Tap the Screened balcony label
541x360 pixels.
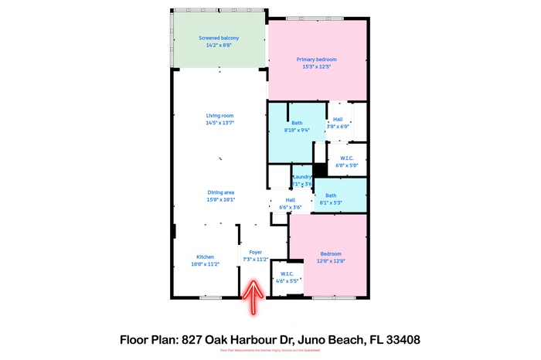click(x=219, y=38)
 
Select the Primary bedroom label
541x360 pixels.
click(x=317, y=59)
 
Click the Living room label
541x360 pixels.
click(x=219, y=115)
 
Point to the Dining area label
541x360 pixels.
click(x=220, y=192)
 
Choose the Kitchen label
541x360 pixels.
click(x=205, y=256)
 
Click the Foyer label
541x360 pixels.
click(x=254, y=253)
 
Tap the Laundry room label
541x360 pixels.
click(x=301, y=177)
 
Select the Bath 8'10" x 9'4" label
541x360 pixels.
click(x=297, y=123)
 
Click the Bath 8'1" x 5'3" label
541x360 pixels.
click(x=331, y=195)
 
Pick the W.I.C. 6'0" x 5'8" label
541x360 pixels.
click(x=347, y=158)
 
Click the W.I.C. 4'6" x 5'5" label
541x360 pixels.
click(x=286, y=273)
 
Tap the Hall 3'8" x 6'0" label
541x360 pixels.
click(x=337, y=120)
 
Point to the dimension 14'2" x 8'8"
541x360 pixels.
click(x=219, y=46)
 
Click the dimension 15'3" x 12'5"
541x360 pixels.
click(x=317, y=66)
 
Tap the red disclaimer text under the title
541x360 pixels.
click(x=270, y=351)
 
